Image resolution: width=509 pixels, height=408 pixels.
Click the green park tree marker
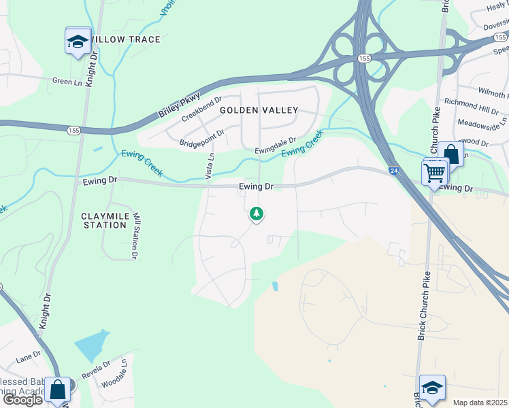tap(256, 214)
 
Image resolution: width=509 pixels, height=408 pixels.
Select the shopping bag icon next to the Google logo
tap(57, 391)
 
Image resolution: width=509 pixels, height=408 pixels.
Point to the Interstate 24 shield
tap(394, 173)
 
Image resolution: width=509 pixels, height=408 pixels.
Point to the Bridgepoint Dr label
tap(201, 139)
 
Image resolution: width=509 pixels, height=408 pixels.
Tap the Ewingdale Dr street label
tap(276, 146)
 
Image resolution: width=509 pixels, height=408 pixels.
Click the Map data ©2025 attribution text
tap(479, 403)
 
